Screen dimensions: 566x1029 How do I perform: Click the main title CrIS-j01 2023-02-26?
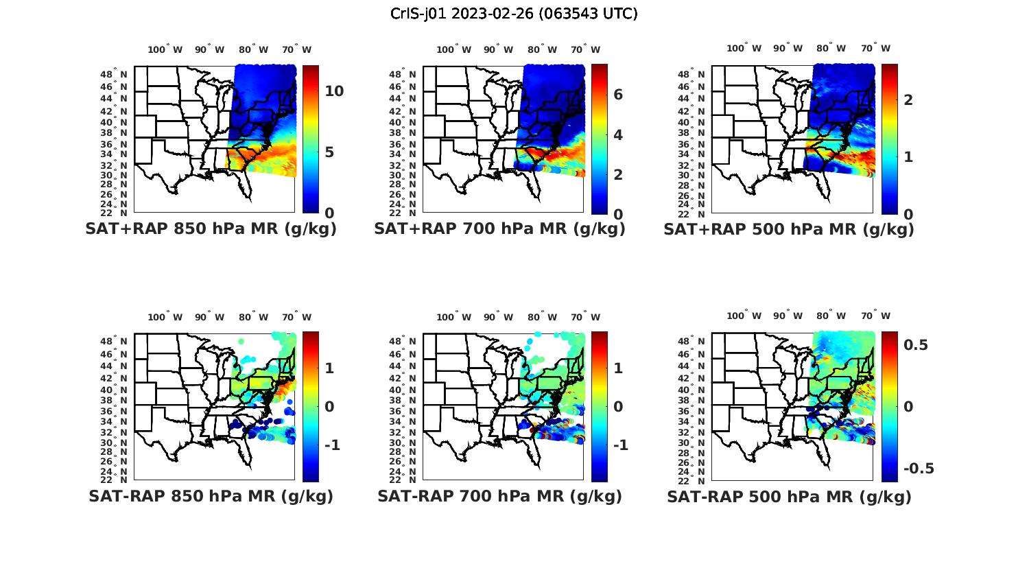tap(514, 14)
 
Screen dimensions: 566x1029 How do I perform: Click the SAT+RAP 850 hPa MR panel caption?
tap(211, 229)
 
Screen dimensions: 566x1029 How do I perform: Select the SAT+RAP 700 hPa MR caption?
tap(499, 229)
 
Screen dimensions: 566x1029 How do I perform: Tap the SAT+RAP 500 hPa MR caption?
tap(789, 229)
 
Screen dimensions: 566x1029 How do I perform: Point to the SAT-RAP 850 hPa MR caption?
tap(211, 496)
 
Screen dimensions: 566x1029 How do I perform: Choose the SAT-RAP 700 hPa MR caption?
tap(499, 496)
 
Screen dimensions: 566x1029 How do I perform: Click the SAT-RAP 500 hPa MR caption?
tap(789, 497)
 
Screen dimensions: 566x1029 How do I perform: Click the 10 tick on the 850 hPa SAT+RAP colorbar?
tap(334, 91)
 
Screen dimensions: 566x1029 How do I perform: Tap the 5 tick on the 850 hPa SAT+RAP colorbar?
tap(330, 152)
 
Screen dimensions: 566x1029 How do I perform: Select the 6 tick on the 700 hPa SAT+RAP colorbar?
tap(618, 95)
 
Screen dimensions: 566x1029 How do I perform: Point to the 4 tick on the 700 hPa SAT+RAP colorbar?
tap(618, 134)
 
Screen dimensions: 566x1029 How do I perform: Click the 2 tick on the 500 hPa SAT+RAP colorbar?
tap(908, 99)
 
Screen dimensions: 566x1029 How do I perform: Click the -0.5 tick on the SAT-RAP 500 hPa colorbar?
tap(919, 469)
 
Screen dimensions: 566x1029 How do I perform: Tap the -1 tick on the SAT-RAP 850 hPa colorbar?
tap(332, 445)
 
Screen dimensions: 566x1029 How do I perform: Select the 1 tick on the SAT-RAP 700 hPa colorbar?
tap(618, 368)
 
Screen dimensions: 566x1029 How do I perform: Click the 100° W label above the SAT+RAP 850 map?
tap(165, 49)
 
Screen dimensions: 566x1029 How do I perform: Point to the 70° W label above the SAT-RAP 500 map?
tap(875, 316)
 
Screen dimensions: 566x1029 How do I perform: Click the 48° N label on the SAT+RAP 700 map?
tap(403, 74)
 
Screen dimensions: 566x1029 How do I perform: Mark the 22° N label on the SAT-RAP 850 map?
tap(114, 480)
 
